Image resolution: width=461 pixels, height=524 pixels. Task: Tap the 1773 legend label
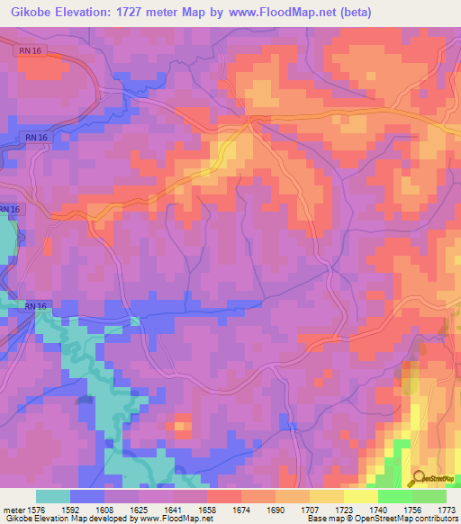tap(445, 509)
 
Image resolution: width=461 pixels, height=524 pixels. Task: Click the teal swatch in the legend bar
tap(53, 496)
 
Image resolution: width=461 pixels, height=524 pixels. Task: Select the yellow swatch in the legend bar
tap(360, 496)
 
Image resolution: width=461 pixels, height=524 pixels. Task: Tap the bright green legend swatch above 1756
tap(394, 496)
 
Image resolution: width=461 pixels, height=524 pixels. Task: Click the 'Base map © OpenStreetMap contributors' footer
tap(383, 519)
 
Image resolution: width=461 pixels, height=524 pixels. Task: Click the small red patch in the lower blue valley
tap(182, 424)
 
